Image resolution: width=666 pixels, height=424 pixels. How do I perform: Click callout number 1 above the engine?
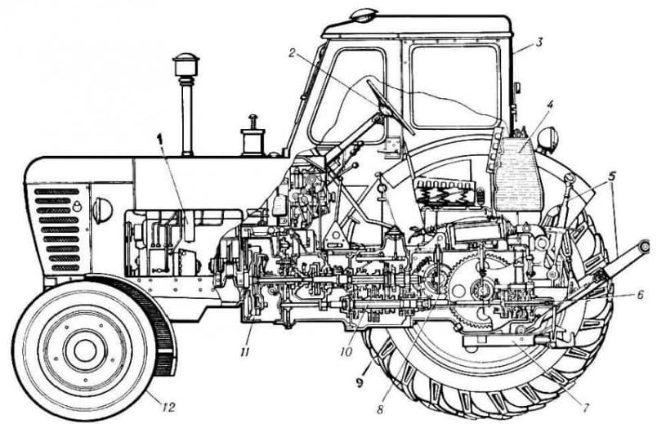point(159,138)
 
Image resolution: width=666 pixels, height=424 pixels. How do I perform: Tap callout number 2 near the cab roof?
point(292,52)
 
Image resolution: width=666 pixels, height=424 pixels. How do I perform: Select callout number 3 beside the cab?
point(539,42)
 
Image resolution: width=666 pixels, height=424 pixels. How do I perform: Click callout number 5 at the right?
point(611,175)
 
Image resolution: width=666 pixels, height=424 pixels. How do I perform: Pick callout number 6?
point(640,294)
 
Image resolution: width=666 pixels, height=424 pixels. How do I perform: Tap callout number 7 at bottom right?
point(586,408)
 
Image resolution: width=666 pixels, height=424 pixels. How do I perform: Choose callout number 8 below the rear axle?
point(380,409)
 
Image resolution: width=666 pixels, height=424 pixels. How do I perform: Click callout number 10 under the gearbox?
point(346,351)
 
